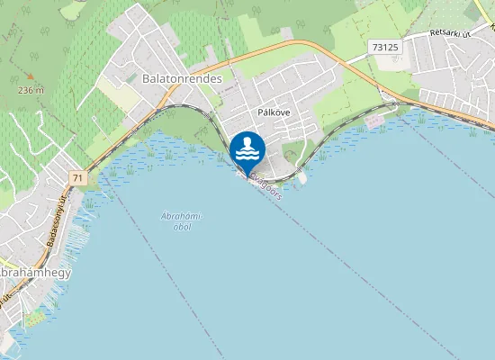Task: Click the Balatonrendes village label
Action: [x=182, y=79]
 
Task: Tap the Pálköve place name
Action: [x=274, y=113]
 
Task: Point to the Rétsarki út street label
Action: [x=450, y=34]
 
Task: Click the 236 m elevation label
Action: [x=30, y=91]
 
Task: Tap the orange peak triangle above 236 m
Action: [x=31, y=77]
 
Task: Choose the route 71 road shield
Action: [x=78, y=178]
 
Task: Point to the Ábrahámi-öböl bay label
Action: [x=181, y=220]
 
